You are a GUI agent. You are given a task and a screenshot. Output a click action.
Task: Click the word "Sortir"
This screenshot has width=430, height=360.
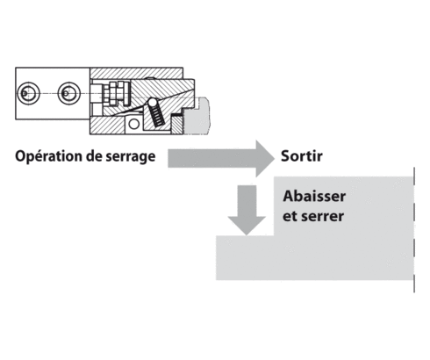pyautogui.click(x=304, y=157)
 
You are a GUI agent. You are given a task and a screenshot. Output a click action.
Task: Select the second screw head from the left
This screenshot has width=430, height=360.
pyautogui.click(x=68, y=92)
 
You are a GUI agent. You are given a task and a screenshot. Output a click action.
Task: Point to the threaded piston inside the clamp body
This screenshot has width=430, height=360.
pyautogui.click(x=109, y=92)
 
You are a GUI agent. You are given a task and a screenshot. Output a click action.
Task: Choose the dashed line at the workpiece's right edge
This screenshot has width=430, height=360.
pyautogui.click(x=413, y=228)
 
